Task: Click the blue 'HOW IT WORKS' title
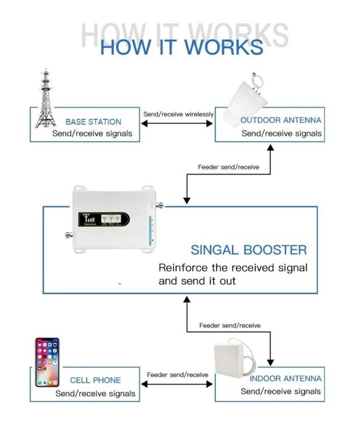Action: tap(182, 47)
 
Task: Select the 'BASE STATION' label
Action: tap(94, 122)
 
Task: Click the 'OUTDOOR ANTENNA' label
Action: tap(281, 120)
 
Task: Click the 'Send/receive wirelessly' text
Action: tap(178, 114)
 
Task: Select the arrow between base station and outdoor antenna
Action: tap(177, 124)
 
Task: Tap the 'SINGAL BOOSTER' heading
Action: tap(249, 250)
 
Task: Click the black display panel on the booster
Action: tap(104, 220)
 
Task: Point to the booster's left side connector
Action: tap(69, 235)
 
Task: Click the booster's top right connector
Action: tap(160, 205)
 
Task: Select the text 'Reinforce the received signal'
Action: tap(233, 268)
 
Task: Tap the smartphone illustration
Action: tap(47, 362)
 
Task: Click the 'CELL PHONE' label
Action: tap(95, 380)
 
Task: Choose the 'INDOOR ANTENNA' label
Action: tap(286, 379)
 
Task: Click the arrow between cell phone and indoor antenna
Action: tap(177, 384)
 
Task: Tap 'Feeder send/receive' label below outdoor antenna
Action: tap(228, 167)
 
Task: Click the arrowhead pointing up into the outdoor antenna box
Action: tap(271, 148)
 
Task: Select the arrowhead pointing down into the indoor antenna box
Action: tap(271, 362)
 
